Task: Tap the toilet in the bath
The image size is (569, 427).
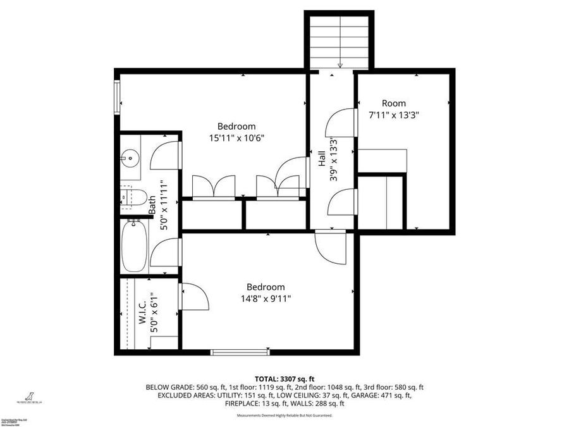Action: click(134, 197)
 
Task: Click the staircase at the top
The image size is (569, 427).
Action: click(340, 41)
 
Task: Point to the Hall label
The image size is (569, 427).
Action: click(322, 158)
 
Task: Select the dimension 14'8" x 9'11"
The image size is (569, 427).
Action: click(265, 299)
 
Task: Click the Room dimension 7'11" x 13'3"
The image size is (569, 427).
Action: click(394, 115)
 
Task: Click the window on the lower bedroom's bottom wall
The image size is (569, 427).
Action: click(240, 352)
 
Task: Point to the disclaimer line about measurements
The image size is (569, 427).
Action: click(284, 416)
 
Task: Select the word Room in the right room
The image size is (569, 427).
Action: click(394, 103)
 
